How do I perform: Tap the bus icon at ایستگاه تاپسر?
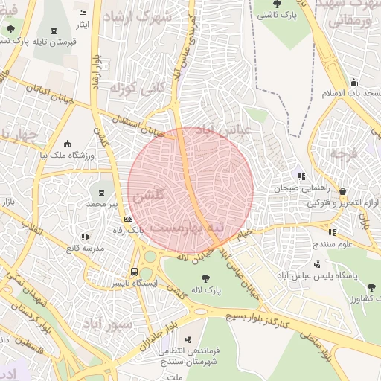(x=134, y=272)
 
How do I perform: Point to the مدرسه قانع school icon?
(x=84, y=237)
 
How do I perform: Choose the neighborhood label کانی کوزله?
(x=135, y=88)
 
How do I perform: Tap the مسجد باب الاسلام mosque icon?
(x=353, y=82)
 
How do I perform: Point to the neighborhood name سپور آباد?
(x=108, y=324)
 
